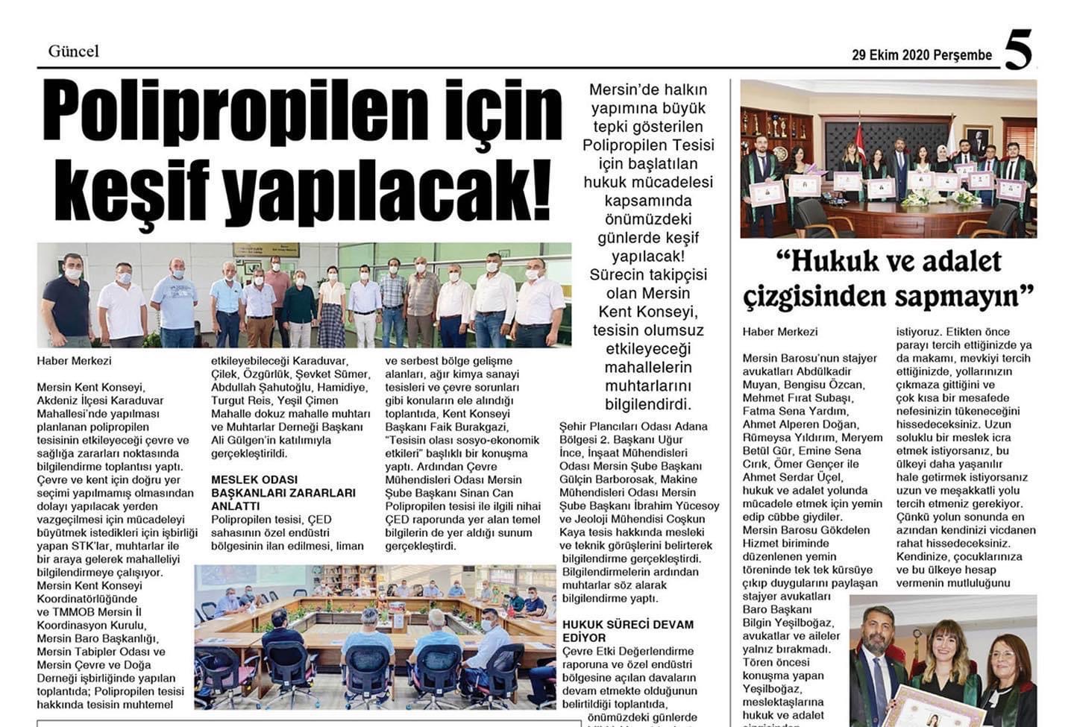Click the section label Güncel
[x=73, y=51]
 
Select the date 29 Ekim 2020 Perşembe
[x=922, y=54]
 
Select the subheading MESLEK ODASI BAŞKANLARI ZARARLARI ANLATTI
[x=283, y=492]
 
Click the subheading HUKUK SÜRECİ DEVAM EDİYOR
[x=628, y=631]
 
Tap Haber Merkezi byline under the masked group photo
[x=74, y=360]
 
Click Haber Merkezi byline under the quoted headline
[x=780, y=332]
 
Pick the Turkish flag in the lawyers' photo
[x=859, y=142]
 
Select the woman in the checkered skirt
[x=332, y=306]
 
